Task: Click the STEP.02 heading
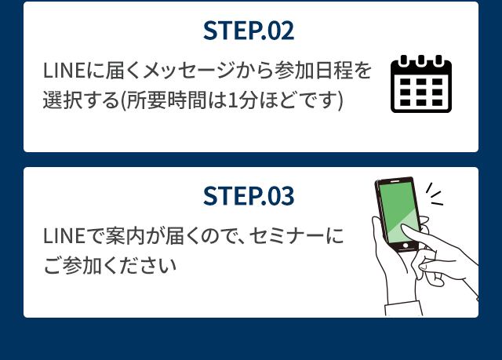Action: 249,31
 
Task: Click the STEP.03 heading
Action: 249,195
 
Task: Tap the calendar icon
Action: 421,84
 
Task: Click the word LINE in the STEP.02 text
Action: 64,71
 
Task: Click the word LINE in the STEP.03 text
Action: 64,236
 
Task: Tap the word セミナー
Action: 286,236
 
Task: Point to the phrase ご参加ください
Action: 110,266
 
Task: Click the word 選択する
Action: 81,100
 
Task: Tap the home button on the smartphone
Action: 406,245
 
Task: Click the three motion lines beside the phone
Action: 435,195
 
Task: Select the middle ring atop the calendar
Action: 421,60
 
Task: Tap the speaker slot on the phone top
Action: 395,181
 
